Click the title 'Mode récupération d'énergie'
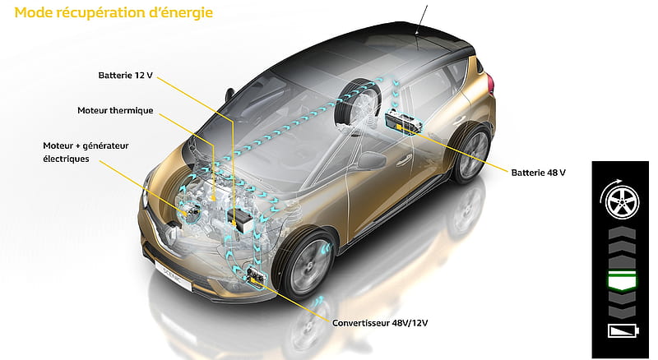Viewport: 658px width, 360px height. pos(114,12)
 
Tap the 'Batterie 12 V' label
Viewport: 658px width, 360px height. pos(126,76)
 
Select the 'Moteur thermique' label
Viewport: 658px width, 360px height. pos(115,111)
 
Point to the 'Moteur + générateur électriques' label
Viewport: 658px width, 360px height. pos(86,152)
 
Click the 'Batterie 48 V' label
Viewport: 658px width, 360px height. pos(539,173)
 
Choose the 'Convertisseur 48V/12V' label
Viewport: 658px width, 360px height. pos(380,323)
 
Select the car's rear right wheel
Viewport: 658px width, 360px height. pos(473,152)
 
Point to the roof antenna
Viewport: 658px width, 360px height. pos(422,20)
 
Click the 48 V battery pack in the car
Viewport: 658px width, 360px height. pos(404,122)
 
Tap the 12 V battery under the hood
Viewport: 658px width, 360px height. pos(240,219)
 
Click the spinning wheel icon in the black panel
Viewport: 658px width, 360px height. pos(620,202)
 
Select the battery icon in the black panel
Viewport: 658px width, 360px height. pos(623,330)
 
